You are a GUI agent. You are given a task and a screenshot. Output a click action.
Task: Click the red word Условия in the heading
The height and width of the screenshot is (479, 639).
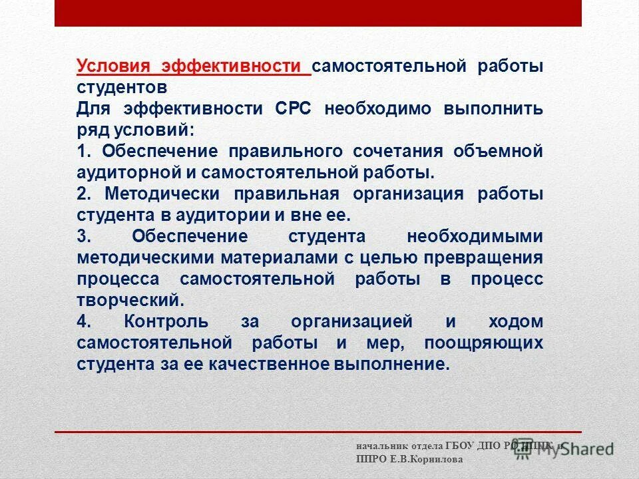(x=114, y=67)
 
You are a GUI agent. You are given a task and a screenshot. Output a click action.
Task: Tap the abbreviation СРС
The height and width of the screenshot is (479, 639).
(x=292, y=108)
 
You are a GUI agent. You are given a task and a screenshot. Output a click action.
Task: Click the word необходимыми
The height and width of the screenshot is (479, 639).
(x=475, y=236)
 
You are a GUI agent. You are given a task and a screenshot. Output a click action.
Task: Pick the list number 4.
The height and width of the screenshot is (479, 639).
(x=83, y=322)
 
